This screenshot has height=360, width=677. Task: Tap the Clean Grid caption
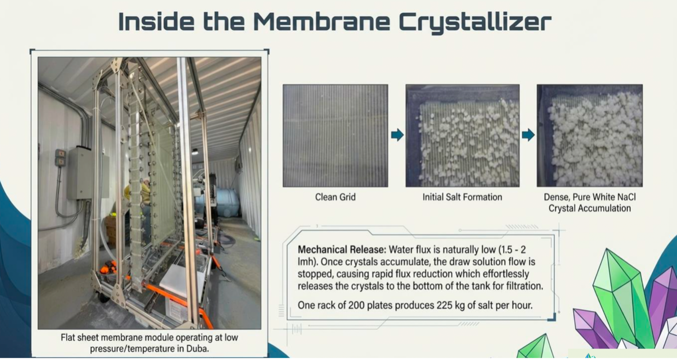tap(335, 197)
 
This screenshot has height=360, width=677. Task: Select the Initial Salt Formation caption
tap(462, 197)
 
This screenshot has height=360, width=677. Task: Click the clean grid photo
tap(335, 135)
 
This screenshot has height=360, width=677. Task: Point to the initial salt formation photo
tap(463, 135)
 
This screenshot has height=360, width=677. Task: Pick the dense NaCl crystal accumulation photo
tap(590, 135)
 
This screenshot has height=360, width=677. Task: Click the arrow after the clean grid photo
tap(397, 135)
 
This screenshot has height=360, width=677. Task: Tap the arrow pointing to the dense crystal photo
tap(528, 135)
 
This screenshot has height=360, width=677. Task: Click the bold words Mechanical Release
tap(342, 250)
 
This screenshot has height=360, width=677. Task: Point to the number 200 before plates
tap(356, 305)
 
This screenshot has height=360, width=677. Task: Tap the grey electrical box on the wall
tap(80, 173)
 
